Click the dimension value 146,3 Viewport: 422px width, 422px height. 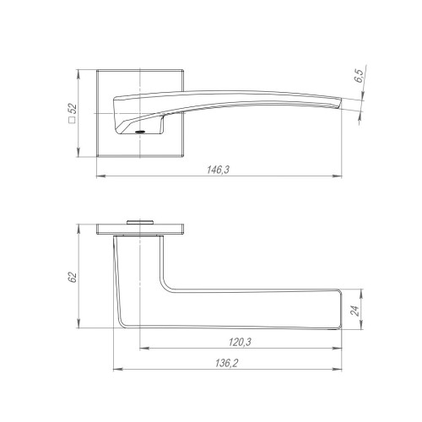(x=219, y=170)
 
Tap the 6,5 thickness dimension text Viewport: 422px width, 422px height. (x=359, y=76)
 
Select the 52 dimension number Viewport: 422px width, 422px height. (x=73, y=109)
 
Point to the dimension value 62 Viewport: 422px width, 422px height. (x=73, y=277)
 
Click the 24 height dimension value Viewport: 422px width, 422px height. (x=355, y=310)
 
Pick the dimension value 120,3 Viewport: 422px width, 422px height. (x=240, y=342)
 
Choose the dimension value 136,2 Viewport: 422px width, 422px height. (x=227, y=363)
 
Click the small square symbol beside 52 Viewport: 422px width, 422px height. (x=73, y=121)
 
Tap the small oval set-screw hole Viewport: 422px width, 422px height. (x=139, y=132)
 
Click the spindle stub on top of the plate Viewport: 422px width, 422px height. (x=140, y=222)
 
